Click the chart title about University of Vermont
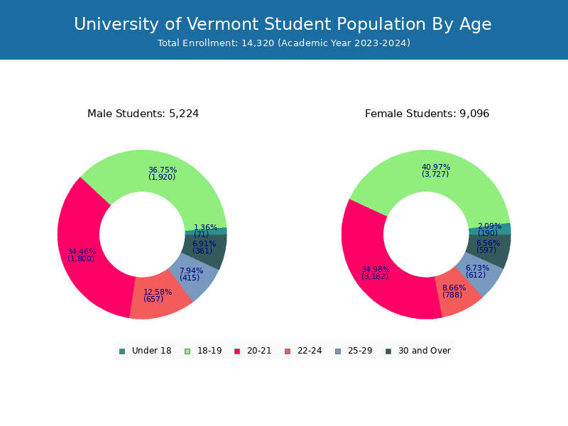tap(283, 24)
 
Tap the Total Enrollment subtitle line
tap(284, 43)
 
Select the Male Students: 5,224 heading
tap(143, 114)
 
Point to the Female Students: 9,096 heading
tap(427, 114)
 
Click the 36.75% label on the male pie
tap(163, 170)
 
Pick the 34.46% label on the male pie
tap(82, 251)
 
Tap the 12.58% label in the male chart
tap(158, 292)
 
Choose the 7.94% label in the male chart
tap(191, 271)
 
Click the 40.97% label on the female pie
tap(436, 168)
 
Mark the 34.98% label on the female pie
tap(376, 269)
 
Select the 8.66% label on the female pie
tap(454, 288)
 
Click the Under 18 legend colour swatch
tap(122, 351)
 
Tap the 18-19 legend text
tap(209, 351)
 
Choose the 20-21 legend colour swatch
tap(237, 351)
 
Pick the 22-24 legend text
tap(310, 351)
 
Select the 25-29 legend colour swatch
tap(337, 351)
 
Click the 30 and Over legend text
tap(425, 351)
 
